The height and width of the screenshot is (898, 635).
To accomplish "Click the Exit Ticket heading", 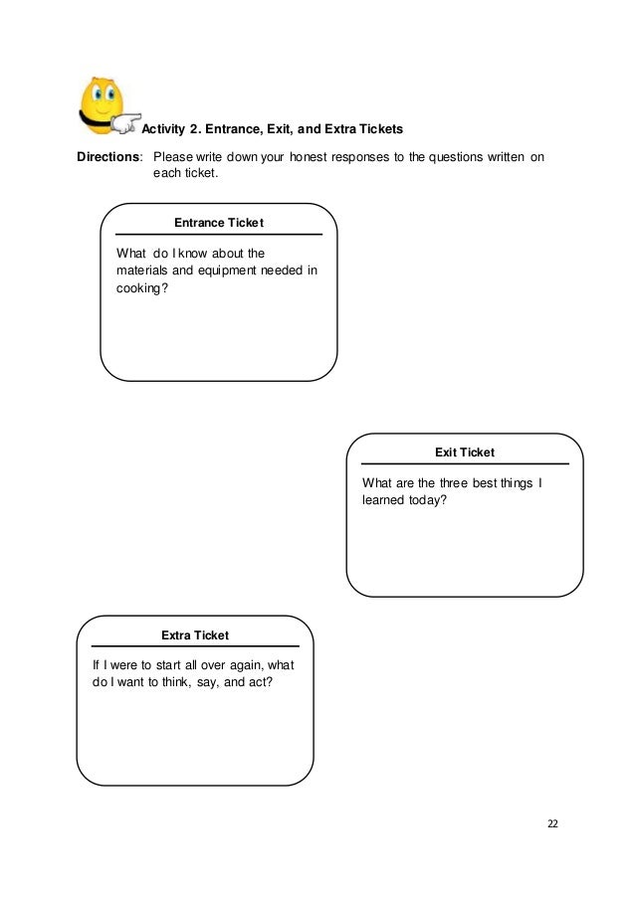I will coord(465,452).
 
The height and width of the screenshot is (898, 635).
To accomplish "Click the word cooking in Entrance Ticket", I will coord(137,289).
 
